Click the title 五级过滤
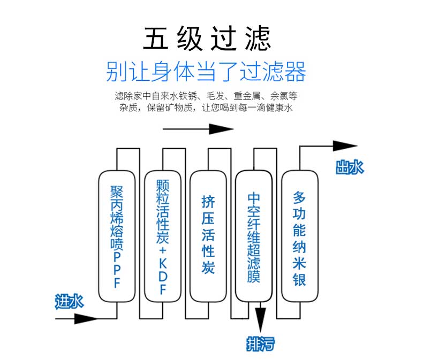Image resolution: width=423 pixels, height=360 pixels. (207, 39)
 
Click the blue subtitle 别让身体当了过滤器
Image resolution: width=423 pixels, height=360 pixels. (206, 71)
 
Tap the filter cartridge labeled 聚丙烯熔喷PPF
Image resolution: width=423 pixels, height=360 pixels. (117, 236)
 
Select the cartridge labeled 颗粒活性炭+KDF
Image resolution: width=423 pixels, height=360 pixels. (163, 236)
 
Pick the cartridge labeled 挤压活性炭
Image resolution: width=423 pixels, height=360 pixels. (208, 236)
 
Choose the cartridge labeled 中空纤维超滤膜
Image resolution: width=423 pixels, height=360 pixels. (254, 236)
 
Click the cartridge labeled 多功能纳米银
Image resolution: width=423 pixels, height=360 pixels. (300, 236)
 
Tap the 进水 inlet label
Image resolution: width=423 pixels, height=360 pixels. (69, 301)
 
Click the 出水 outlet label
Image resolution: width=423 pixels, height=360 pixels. (350, 167)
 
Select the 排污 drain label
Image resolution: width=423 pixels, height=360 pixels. (261, 344)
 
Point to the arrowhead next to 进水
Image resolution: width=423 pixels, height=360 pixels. (86, 319)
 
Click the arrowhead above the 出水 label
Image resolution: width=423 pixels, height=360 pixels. (345, 146)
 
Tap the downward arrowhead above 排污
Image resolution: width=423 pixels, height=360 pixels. (260, 320)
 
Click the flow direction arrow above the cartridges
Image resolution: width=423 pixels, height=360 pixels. (198, 129)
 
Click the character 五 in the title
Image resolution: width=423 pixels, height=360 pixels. (155, 39)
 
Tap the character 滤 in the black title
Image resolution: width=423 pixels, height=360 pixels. (258, 39)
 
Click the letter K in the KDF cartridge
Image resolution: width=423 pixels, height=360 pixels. (163, 263)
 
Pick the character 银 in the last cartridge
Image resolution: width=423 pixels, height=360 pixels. (299, 279)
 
